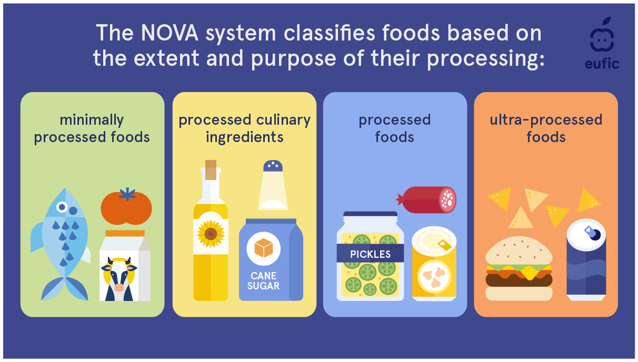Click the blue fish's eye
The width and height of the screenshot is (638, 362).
pos(63,207)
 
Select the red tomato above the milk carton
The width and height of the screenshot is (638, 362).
pos(127,208)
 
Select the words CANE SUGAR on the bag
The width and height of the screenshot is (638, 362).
pos(265,281)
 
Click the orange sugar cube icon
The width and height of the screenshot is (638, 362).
pos(264,248)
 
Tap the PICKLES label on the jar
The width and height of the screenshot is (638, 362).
pos(370,254)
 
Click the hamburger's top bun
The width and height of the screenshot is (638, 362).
pos(518,251)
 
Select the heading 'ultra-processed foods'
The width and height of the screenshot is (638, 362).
pos(545,128)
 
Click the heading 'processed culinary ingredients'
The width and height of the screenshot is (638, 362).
pos(245,128)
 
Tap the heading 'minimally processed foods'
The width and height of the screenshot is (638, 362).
pos(92,128)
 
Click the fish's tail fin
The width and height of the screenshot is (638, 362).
pos(64,289)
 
